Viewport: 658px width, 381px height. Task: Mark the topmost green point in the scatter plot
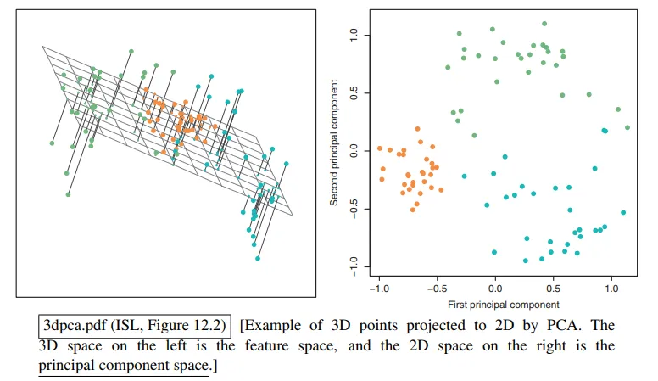click(544, 24)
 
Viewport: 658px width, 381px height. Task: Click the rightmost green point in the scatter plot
click(627, 127)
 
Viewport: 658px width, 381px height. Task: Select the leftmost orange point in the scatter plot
click(379, 148)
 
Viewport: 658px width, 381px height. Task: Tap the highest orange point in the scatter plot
click(418, 129)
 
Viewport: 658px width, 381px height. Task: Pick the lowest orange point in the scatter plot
click(413, 209)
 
